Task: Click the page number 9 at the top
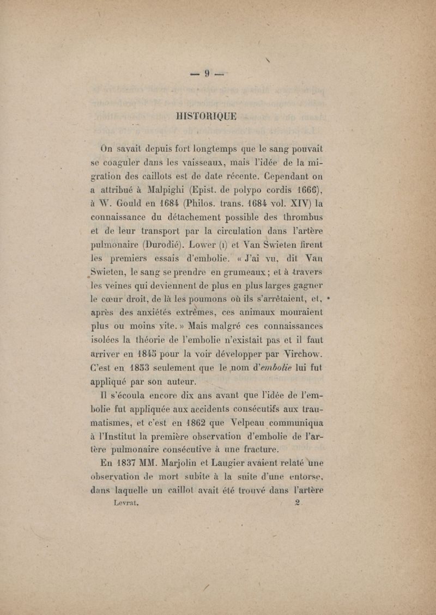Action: click(207, 72)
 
